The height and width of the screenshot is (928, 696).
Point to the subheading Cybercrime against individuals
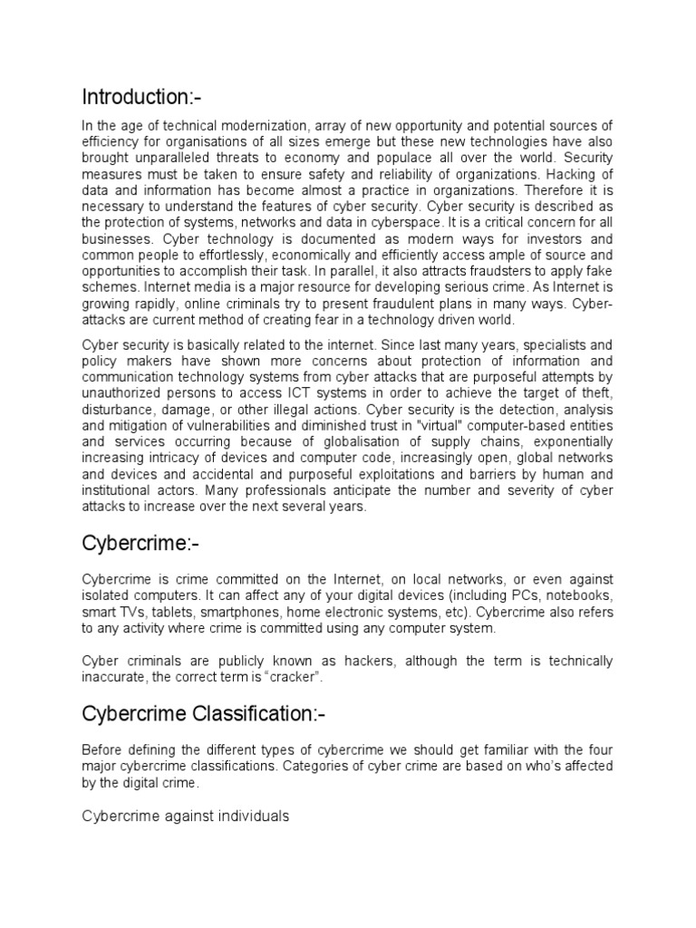tap(185, 816)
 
